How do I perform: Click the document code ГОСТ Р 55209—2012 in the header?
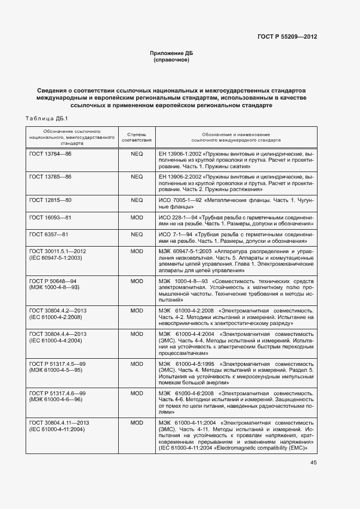coord(287,38)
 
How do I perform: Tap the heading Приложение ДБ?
coord(172,53)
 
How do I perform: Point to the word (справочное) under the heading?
coord(172,60)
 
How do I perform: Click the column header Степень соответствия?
coord(137,136)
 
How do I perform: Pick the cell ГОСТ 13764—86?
coord(50,154)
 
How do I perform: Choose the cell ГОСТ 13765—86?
coord(50,177)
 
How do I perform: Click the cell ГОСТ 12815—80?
coord(50,200)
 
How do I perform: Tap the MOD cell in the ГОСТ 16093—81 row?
coord(137,217)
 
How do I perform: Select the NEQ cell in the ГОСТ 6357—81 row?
coord(137,234)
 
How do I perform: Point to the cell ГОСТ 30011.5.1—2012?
coord(58,250)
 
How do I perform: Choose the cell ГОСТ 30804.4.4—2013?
coord(58,333)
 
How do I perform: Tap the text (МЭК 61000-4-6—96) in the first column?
coord(55,399)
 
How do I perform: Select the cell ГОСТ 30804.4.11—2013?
coord(59,422)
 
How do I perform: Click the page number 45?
coord(313,463)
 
